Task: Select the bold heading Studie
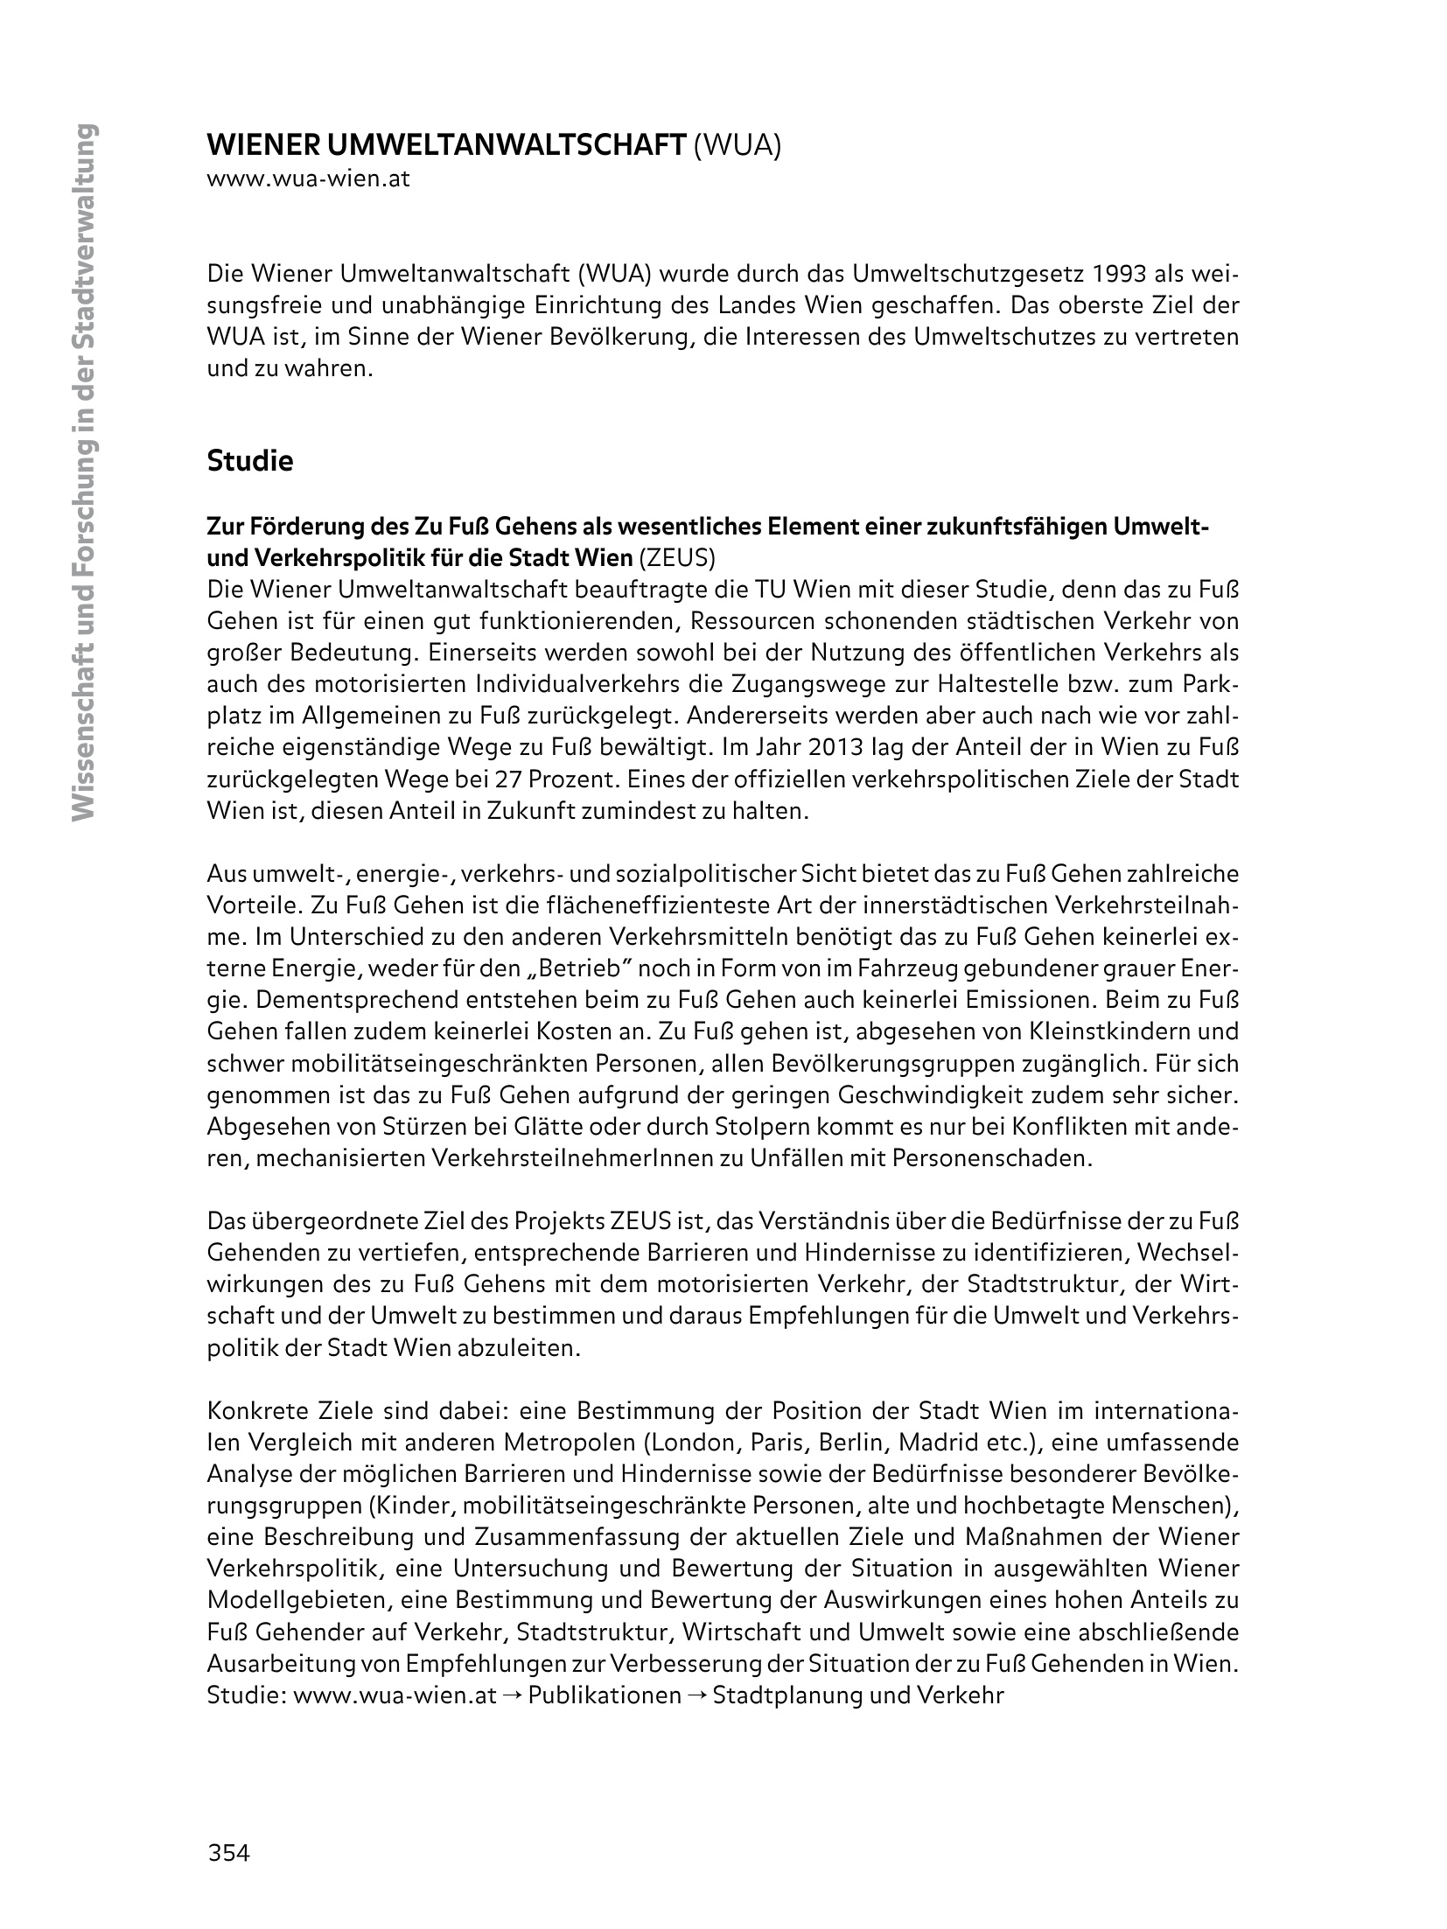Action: coord(250,461)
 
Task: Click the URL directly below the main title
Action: coord(308,180)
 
